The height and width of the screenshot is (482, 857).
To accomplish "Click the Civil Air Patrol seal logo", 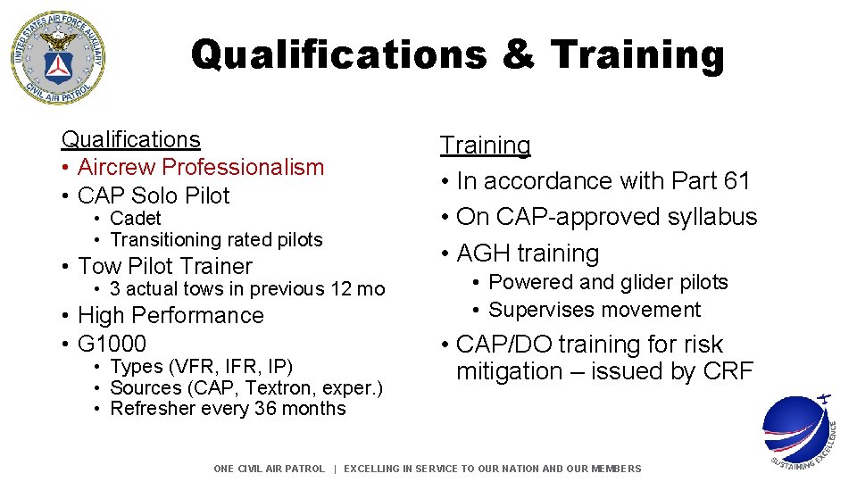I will (x=57, y=57).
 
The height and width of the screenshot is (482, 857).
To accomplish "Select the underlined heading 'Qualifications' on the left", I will (x=130, y=139).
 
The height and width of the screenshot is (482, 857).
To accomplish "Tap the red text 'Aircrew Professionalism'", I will (x=201, y=167).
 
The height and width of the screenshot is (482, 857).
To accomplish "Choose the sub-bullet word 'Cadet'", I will (x=136, y=218).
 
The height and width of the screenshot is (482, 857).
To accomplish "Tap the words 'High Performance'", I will (x=171, y=315).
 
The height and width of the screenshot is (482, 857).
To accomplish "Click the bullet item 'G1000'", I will (x=112, y=344).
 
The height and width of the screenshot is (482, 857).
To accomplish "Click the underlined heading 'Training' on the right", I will (x=485, y=145).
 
